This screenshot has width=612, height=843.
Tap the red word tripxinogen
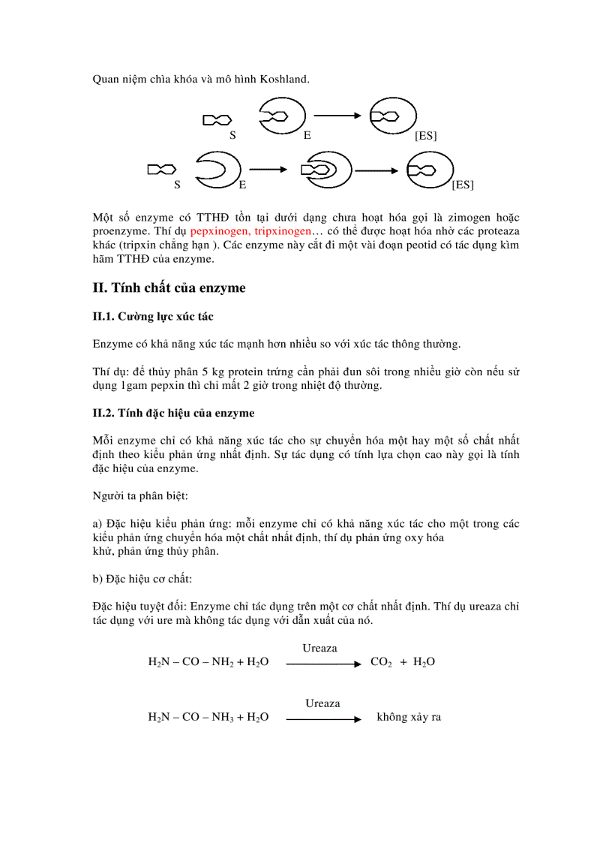point(283,232)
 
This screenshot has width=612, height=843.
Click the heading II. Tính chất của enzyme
point(169,288)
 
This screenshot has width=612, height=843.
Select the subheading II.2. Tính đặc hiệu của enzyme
point(173,413)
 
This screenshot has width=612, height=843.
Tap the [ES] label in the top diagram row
point(425,136)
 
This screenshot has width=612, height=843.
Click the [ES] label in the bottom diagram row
point(463,184)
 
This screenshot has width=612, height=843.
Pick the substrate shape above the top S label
point(217,119)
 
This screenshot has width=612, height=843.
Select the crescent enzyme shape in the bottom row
point(217,170)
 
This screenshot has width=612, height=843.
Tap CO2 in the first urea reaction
point(381,662)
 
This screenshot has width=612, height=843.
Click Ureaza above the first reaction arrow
point(320,648)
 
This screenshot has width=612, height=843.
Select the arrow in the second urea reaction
point(323,718)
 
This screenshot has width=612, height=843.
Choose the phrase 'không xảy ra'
point(409,717)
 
